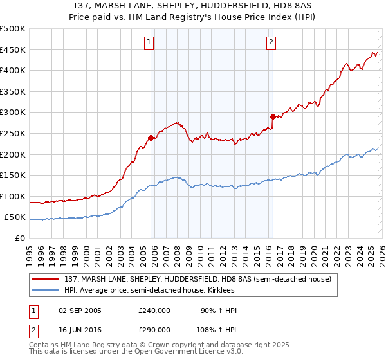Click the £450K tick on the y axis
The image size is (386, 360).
pyautogui.click(x=13, y=50)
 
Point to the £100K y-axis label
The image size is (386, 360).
pyautogui.click(x=13, y=196)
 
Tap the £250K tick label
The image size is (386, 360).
pyautogui.click(x=13, y=133)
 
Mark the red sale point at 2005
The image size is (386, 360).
pyautogui.click(x=151, y=137)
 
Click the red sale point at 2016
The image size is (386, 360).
pyautogui.click(x=273, y=116)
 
